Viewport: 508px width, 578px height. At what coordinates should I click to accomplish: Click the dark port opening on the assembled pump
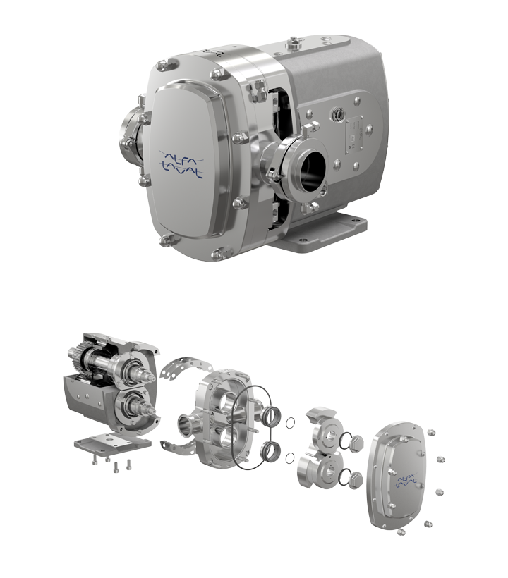(311, 170)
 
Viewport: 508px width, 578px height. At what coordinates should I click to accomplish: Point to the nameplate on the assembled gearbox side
(356, 133)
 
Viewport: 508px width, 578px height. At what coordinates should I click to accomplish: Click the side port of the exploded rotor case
(186, 424)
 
